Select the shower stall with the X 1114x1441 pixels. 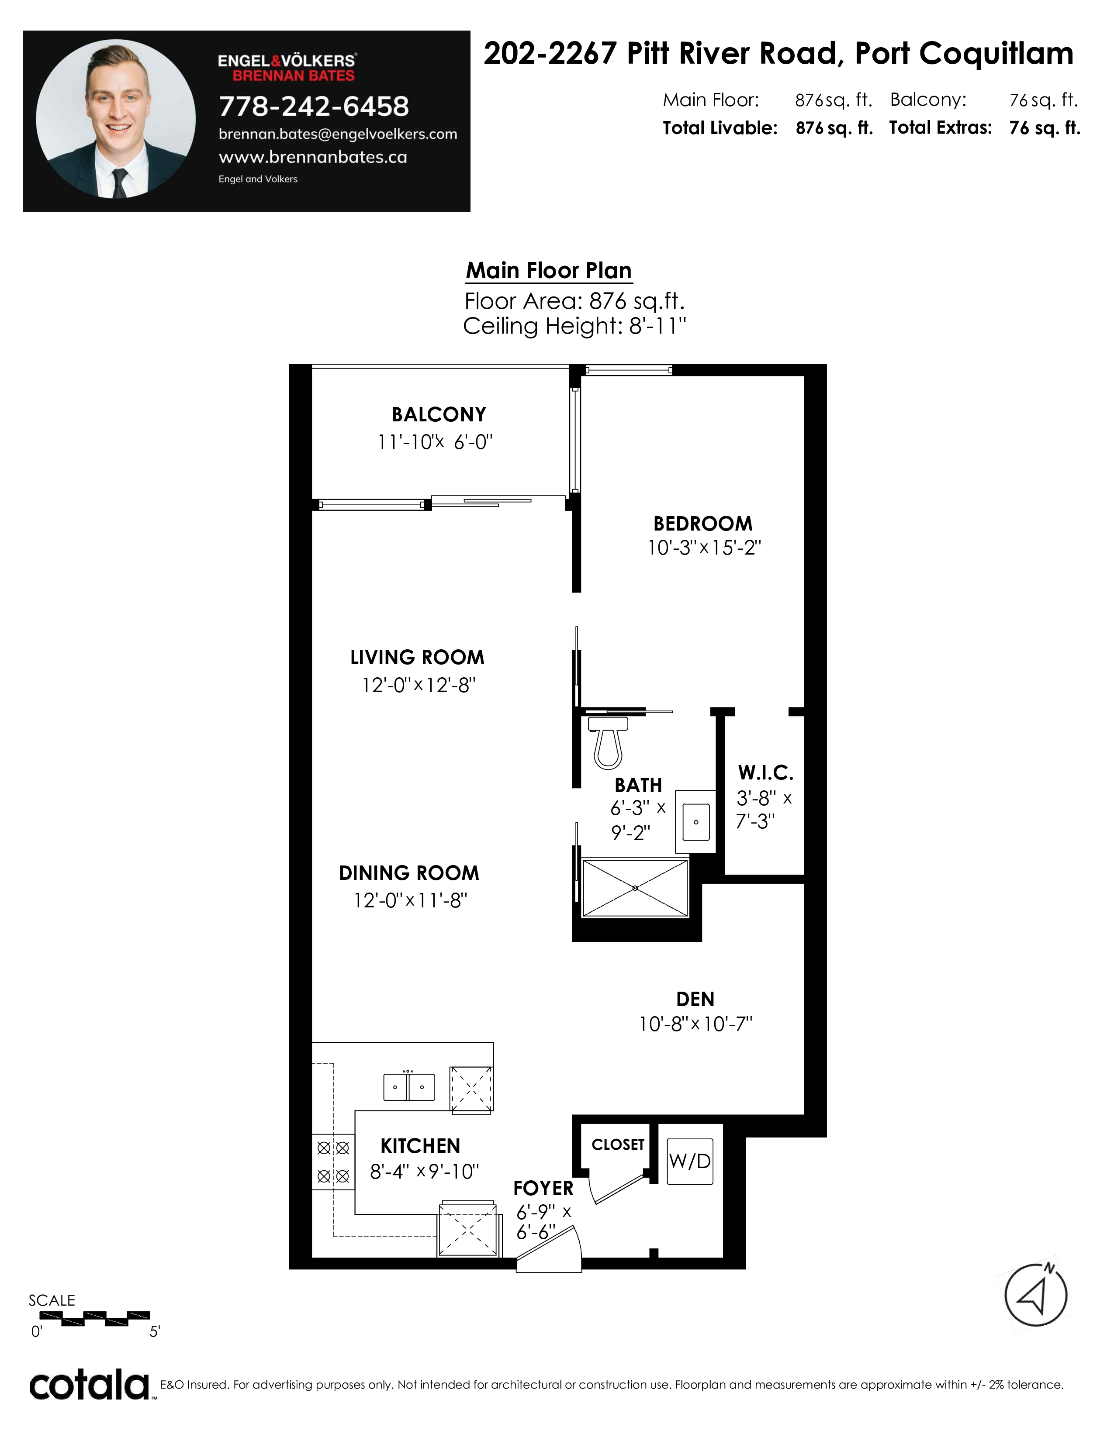click(x=635, y=888)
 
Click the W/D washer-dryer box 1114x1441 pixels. click(x=690, y=1161)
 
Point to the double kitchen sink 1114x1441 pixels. click(x=409, y=1087)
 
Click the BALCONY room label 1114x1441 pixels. click(x=439, y=414)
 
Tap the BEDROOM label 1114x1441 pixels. click(x=703, y=523)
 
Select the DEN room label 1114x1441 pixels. click(x=695, y=999)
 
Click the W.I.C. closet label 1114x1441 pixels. click(x=765, y=772)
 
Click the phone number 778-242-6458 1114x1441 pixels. click(x=314, y=106)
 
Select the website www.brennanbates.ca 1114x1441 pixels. click(x=313, y=157)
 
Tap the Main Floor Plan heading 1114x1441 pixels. click(x=549, y=271)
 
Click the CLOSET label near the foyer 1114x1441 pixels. click(x=618, y=1145)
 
